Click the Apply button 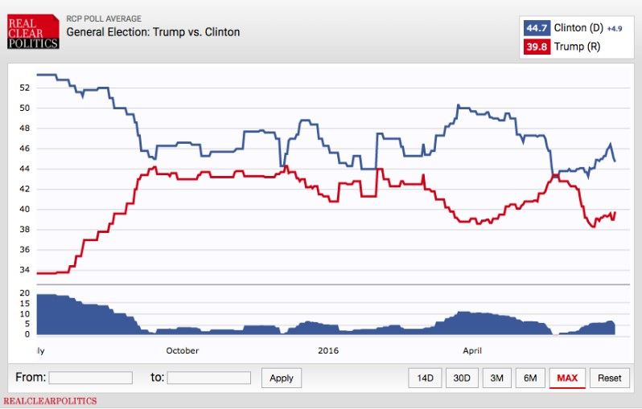coord(282,378)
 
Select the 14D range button coord(425,378)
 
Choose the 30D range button coord(461,378)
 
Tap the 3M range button coord(496,378)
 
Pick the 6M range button coord(530,378)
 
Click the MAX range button coord(567,378)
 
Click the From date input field coord(90,378)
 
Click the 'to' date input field coord(208,378)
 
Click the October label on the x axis coord(182,350)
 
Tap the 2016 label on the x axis coord(328,350)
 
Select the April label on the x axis coord(472,350)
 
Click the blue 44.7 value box coord(537,28)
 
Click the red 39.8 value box coord(537,47)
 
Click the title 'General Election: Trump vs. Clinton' coord(153,32)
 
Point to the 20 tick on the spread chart coord(23,293)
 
